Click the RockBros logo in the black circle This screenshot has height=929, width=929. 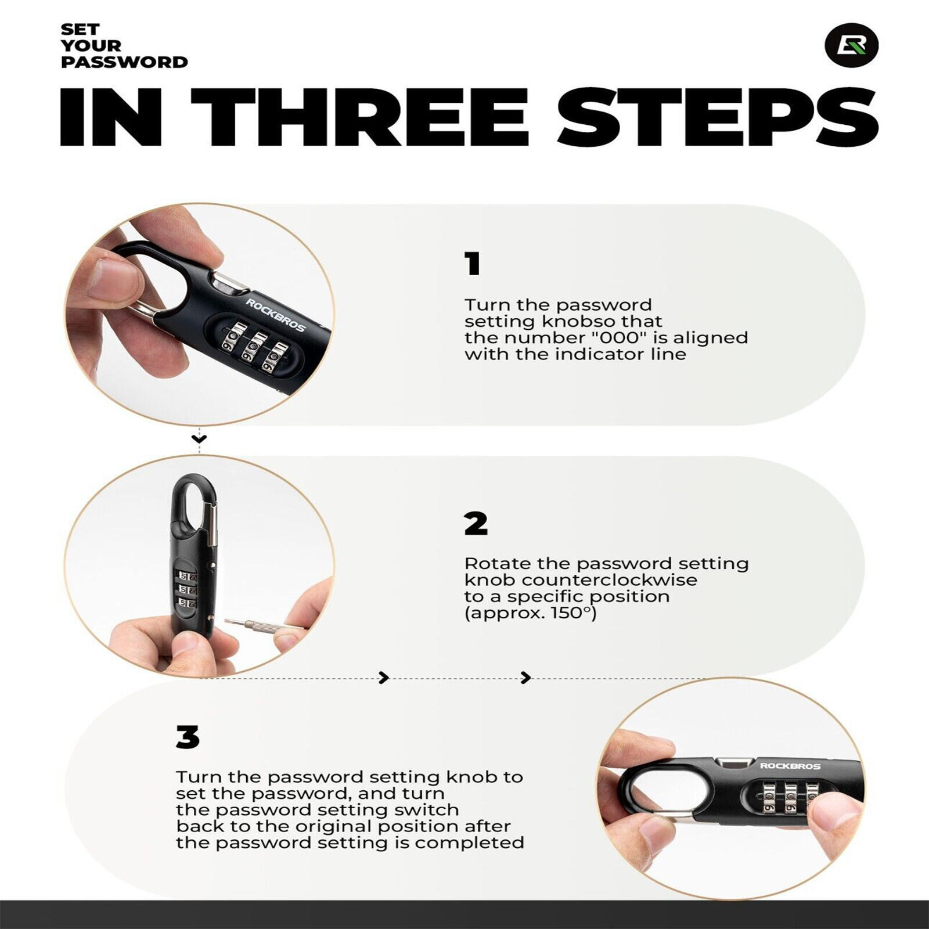(851, 45)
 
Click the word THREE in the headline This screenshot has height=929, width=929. (359, 117)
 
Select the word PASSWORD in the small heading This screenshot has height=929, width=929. (124, 62)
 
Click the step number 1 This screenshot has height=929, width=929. (473, 264)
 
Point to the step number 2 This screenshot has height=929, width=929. (476, 524)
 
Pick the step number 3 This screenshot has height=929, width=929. (188, 737)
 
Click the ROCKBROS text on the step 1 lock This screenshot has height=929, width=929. (275, 315)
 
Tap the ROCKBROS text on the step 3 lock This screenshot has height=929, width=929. (790, 766)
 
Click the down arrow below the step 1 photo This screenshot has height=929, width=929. (199, 439)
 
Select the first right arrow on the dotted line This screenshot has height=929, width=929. (384, 678)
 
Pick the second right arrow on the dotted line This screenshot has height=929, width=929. (526, 678)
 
